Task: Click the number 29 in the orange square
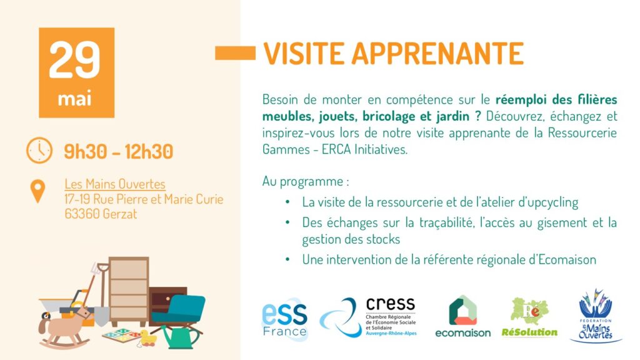pos(76,60)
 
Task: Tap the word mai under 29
pos(76,99)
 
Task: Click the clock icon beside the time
pos(39,151)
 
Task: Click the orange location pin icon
pos(38,191)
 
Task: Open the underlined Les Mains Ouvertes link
pos(115,184)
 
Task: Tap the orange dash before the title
pos(235,53)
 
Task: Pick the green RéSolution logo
pos(529,317)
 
